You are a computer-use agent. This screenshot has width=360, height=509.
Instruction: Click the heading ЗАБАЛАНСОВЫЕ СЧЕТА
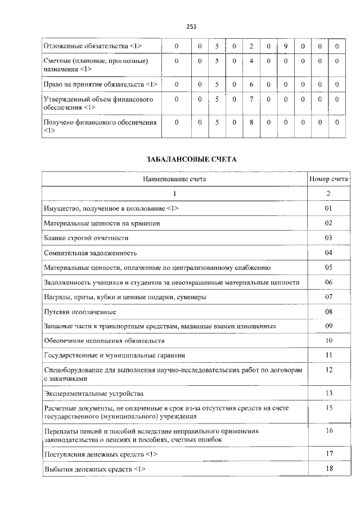191,159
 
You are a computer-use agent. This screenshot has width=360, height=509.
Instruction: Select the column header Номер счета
328,179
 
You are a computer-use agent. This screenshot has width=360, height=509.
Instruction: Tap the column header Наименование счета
174,179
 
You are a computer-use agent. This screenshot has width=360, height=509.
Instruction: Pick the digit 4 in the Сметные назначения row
251,60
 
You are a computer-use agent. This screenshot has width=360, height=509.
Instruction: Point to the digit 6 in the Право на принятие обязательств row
251,84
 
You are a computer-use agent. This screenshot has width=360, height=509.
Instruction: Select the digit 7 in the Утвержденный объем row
251,100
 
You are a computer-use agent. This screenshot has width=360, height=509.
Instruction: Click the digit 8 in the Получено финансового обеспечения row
251,121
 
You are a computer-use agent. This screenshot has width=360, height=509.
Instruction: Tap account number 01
328,208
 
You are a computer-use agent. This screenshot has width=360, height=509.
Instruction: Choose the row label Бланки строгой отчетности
83,237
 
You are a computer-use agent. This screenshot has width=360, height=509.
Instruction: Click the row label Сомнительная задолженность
90,253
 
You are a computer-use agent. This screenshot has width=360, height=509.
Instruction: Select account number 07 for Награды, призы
328,296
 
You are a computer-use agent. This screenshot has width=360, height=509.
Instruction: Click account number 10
328,340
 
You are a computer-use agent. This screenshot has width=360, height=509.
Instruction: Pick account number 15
328,407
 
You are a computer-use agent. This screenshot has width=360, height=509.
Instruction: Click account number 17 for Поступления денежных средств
328,453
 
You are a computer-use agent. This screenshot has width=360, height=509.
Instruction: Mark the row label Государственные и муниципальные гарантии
114,355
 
